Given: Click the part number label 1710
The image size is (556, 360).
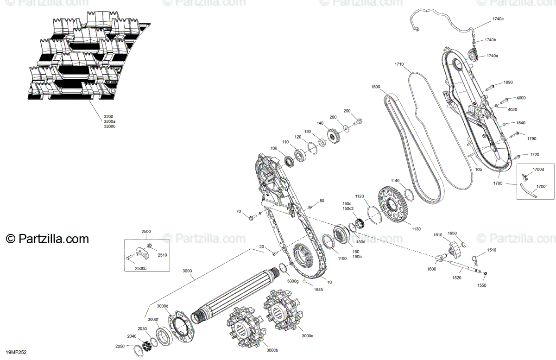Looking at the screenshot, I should [x=399, y=64].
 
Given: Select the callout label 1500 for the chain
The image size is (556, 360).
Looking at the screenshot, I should [x=376, y=87].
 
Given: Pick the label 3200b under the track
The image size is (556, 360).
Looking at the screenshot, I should [x=109, y=126].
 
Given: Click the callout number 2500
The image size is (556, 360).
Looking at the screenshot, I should [x=146, y=231].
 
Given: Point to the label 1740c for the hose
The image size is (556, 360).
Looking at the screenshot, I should [x=498, y=19].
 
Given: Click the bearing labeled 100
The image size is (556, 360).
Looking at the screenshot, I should [x=290, y=161].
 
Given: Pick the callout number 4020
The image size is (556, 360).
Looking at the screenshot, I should [x=512, y=109].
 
